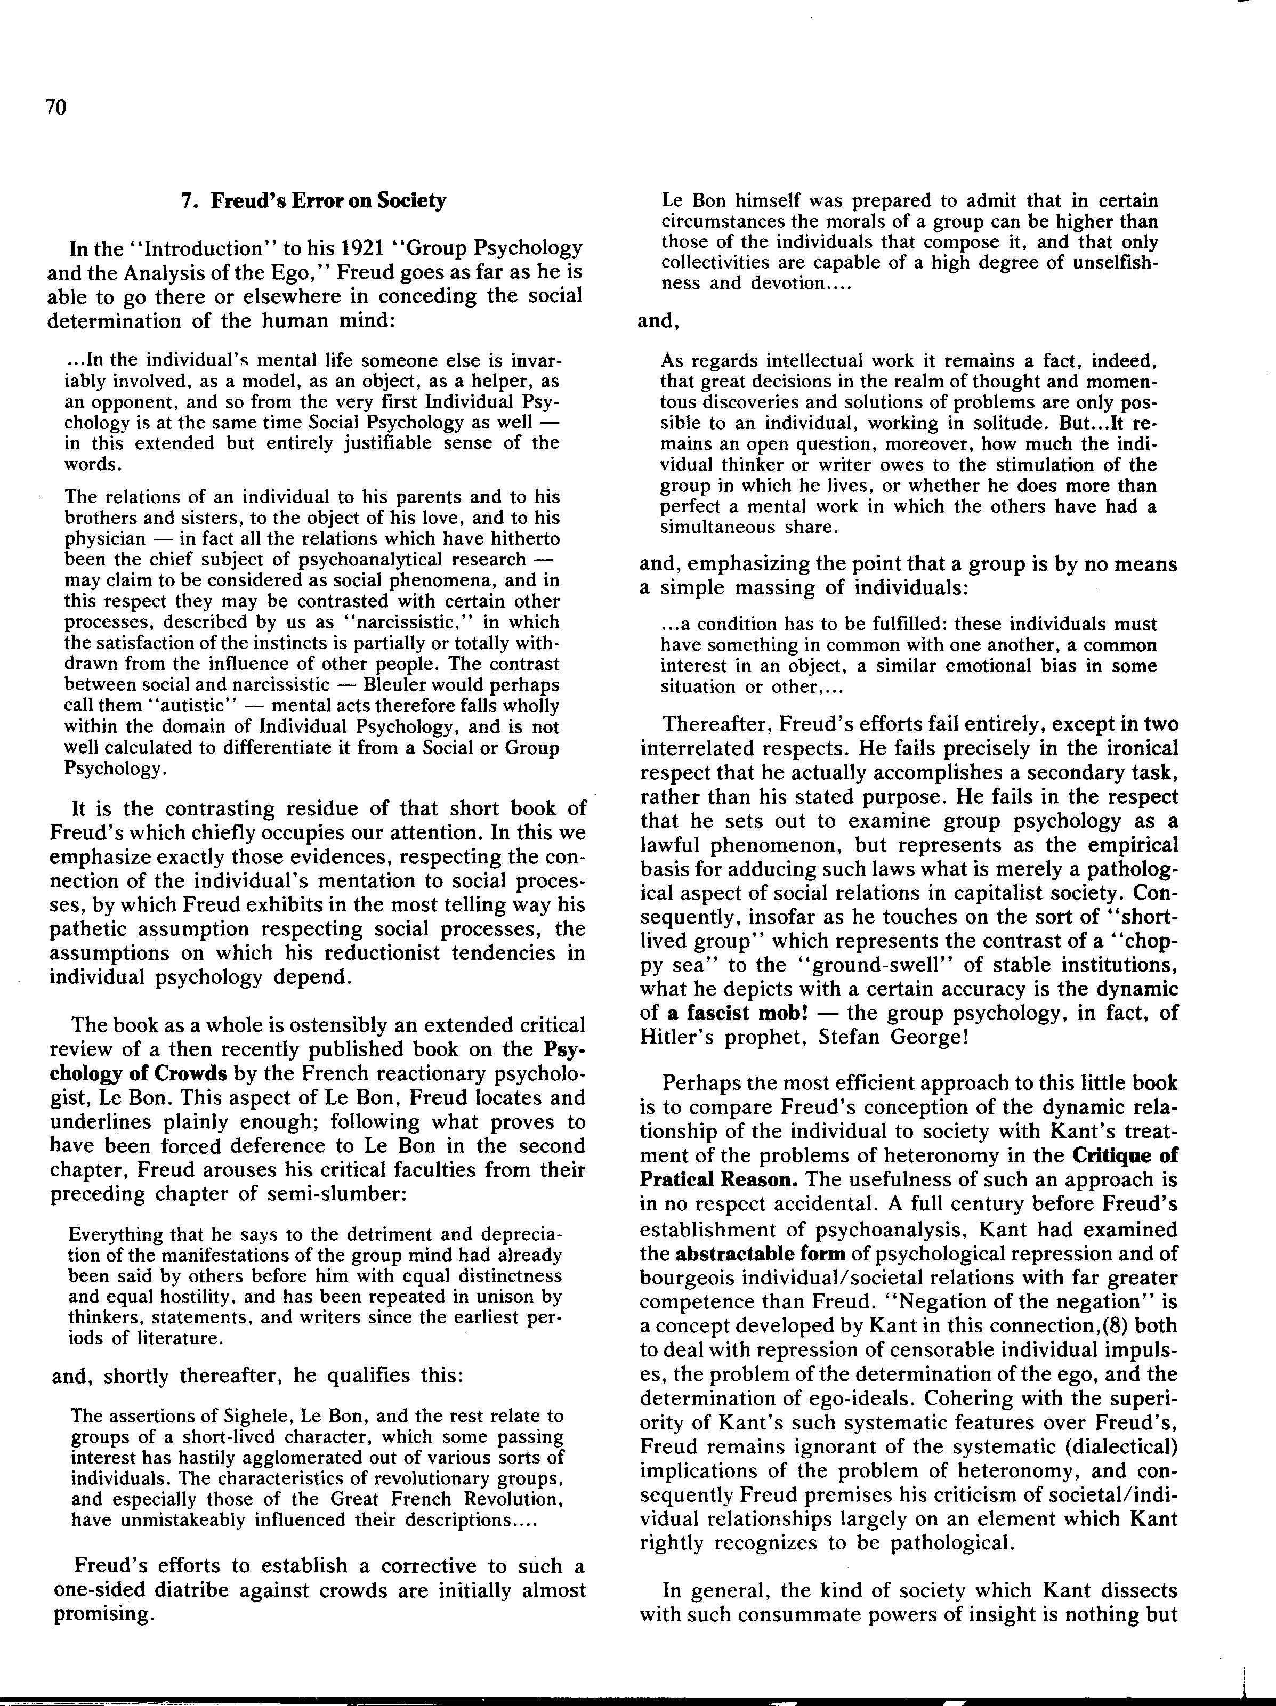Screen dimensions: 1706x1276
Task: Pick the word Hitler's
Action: pyautogui.click(x=676, y=1037)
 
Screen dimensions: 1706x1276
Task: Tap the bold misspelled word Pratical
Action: pyautogui.click(x=676, y=1180)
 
